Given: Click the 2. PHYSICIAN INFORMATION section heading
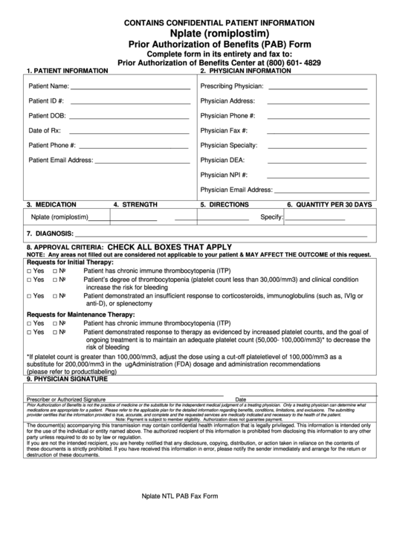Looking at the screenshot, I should click(245, 71).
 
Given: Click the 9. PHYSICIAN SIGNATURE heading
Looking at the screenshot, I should click(67, 379).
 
